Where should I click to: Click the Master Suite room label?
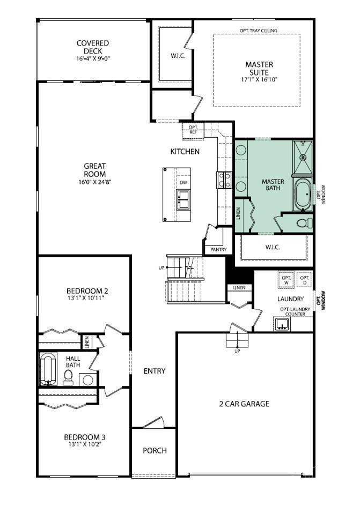click(x=259, y=68)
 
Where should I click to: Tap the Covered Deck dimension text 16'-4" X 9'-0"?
click(x=93, y=58)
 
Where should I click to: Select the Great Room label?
click(x=94, y=170)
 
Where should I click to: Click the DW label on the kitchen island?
click(x=183, y=183)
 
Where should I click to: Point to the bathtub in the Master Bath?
click(x=303, y=194)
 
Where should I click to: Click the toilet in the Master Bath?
click(x=303, y=223)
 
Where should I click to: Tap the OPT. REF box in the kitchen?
click(x=193, y=129)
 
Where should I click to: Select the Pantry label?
click(x=218, y=249)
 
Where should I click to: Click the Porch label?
click(x=155, y=450)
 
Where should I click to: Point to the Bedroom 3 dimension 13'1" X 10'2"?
click(x=85, y=444)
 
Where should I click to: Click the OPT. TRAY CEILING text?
click(x=259, y=31)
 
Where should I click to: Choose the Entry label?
click(x=155, y=371)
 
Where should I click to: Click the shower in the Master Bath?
click(x=303, y=157)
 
